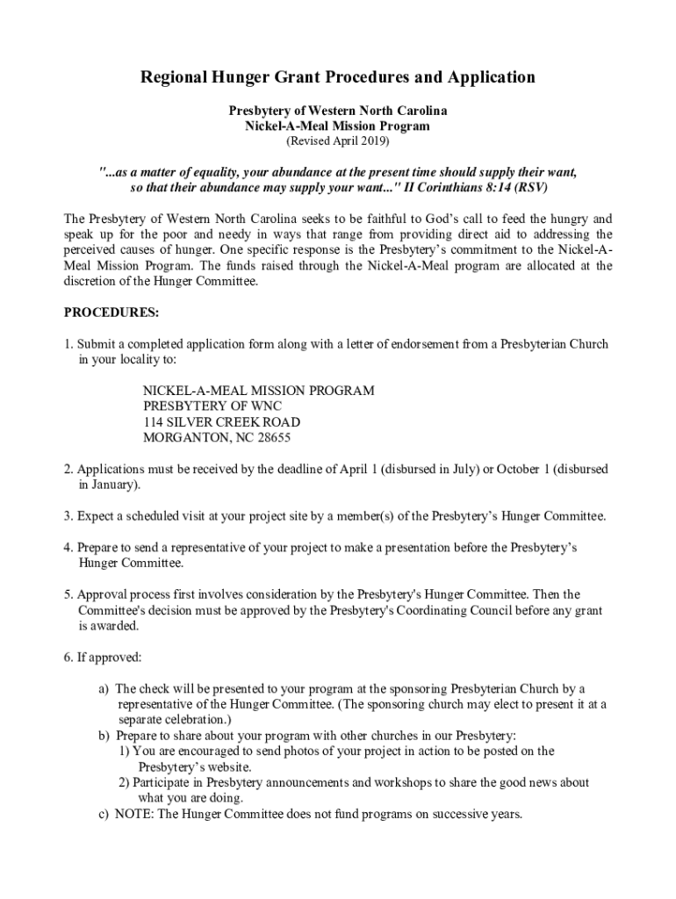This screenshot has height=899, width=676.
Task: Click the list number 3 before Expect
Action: click(x=67, y=515)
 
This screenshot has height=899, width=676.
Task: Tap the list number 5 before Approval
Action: click(x=67, y=594)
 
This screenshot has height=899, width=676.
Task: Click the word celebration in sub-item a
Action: click(x=207, y=719)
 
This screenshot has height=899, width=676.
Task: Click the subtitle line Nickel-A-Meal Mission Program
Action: click(x=337, y=126)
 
